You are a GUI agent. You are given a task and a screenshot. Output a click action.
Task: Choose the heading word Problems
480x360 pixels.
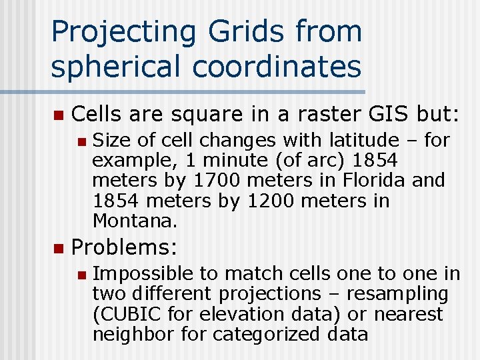(124, 248)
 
